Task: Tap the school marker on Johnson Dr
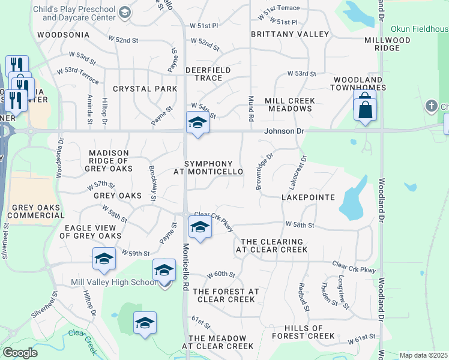197,123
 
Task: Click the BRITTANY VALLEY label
290,34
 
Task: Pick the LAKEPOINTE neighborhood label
308,197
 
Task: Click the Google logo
20,353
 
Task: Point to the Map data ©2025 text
424,355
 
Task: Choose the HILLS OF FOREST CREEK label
303,332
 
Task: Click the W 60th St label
221,274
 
